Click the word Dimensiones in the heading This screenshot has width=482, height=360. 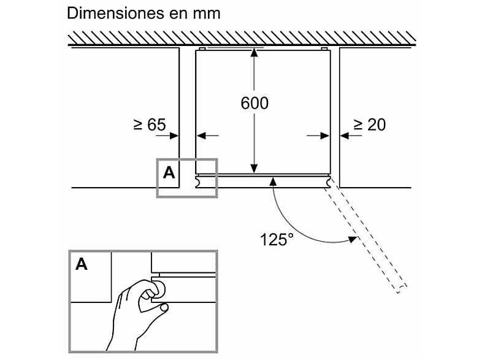(x=115, y=13)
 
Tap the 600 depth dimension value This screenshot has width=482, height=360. (x=254, y=103)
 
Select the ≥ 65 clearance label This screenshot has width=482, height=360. (x=150, y=124)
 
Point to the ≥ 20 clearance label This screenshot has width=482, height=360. (x=370, y=124)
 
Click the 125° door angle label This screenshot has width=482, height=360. (x=277, y=239)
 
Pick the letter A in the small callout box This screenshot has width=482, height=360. (x=169, y=173)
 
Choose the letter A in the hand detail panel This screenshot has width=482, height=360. (x=82, y=264)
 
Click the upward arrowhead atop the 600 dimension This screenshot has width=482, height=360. (x=254, y=53)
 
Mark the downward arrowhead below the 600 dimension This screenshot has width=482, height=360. (x=254, y=169)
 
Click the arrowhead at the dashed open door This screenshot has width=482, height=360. (x=353, y=239)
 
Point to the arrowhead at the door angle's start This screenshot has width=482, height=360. (x=273, y=182)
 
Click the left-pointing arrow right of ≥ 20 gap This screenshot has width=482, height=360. (x=351, y=136)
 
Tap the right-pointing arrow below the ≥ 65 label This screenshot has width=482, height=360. (x=167, y=136)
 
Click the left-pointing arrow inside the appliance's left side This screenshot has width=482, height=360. (x=207, y=136)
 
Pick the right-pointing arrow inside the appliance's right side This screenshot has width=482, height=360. (x=318, y=136)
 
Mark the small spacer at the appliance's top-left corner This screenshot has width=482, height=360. (x=202, y=49)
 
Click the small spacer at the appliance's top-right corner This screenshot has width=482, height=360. (x=324, y=49)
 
